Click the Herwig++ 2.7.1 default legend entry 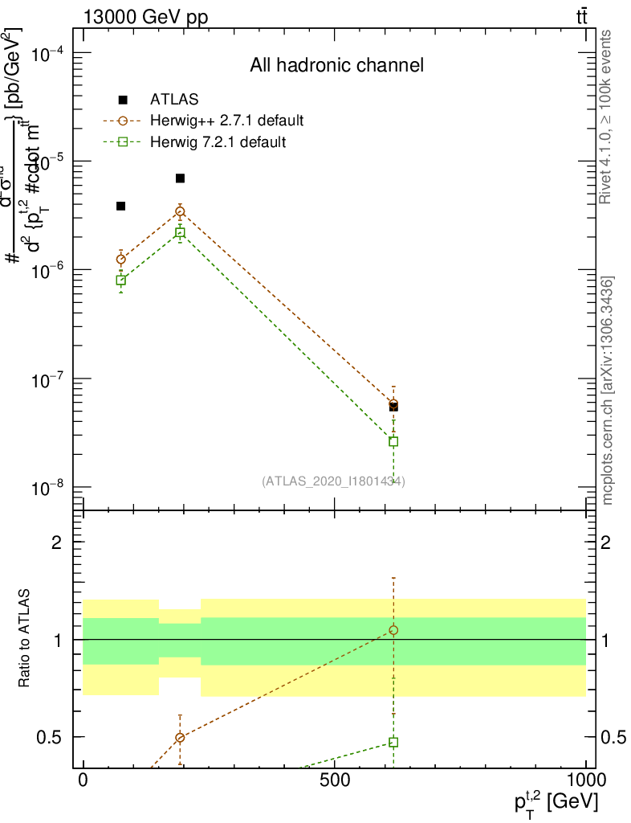[x=226, y=121]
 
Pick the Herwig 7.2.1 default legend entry [x=218, y=142]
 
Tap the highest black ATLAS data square [x=181, y=178]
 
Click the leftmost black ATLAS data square [x=121, y=206]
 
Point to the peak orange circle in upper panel [x=181, y=211]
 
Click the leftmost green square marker [x=121, y=280]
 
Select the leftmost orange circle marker [x=121, y=259]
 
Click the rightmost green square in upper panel [x=393, y=441]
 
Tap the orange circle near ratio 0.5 [x=181, y=737]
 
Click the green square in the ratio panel [x=393, y=742]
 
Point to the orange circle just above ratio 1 [x=393, y=630]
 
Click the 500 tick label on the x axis [x=334, y=780]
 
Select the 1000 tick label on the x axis [x=586, y=780]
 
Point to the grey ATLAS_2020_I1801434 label [x=333, y=481]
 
